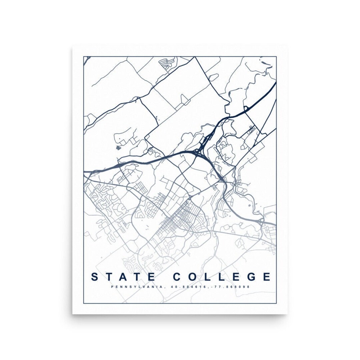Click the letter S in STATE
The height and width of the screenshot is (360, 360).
(x=95, y=277)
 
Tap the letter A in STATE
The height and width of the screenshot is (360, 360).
(x=123, y=277)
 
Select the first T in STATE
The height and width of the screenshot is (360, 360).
(x=109, y=277)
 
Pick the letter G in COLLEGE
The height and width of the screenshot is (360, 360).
(x=250, y=277)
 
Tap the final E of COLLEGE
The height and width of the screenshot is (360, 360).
(x=266, y=277)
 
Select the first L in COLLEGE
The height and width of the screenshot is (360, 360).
(x=209, y=277)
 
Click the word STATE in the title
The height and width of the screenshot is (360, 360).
(x=122, y=277)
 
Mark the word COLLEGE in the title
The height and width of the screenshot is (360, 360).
(x=222, y=277)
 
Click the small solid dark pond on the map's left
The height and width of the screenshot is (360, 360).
(x=118, y=148)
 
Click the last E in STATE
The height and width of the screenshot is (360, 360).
(x=151, y=277)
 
